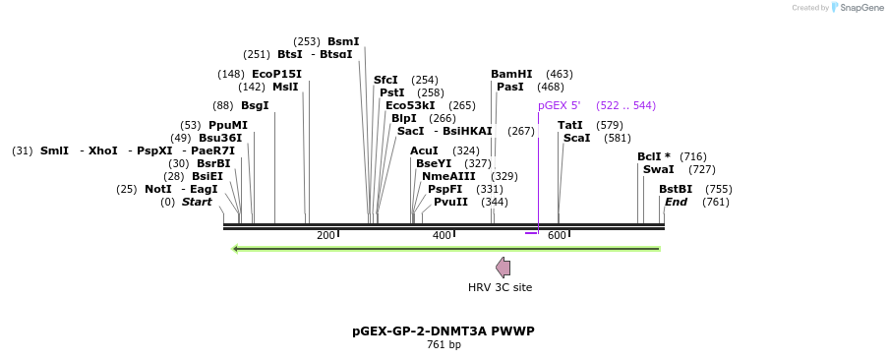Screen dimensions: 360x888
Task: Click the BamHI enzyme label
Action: [511, 74]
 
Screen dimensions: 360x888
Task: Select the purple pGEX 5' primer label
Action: [559, 105]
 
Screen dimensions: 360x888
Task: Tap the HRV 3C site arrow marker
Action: [503, 267]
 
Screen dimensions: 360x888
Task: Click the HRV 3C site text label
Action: [500, 287]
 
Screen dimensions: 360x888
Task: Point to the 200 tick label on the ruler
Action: [326, 236]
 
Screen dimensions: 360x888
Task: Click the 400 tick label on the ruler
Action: [442, 236]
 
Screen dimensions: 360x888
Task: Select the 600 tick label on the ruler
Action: [557, 236]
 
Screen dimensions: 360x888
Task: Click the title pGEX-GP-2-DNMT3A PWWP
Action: [444, 331]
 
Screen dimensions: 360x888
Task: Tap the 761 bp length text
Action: [444, 345]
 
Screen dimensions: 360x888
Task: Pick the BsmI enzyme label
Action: [343, 41]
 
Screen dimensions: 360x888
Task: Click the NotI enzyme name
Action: [157, 189]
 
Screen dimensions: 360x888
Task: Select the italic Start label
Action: [197, 202]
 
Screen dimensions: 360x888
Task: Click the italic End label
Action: [676, 202]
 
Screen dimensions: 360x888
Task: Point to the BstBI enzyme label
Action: [676, 189]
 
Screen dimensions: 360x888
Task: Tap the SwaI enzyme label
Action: [658, 169]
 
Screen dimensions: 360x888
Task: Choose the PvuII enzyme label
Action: [450, 202]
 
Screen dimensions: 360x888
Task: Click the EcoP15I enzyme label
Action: [276, 74]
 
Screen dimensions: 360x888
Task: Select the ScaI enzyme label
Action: [576, 138]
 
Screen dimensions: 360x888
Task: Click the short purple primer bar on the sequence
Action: [531, 233]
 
